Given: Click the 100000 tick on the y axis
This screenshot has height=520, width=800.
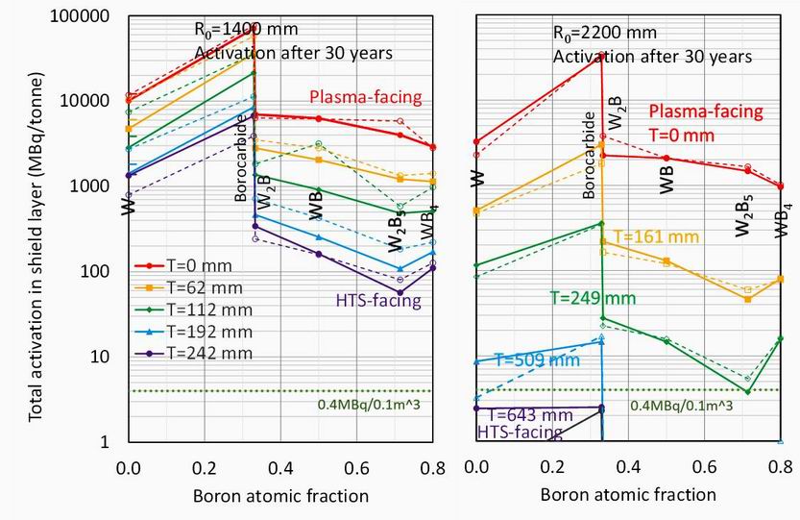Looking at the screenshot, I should click(82, 17).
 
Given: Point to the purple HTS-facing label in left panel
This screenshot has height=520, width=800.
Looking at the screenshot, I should click(378, 302).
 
